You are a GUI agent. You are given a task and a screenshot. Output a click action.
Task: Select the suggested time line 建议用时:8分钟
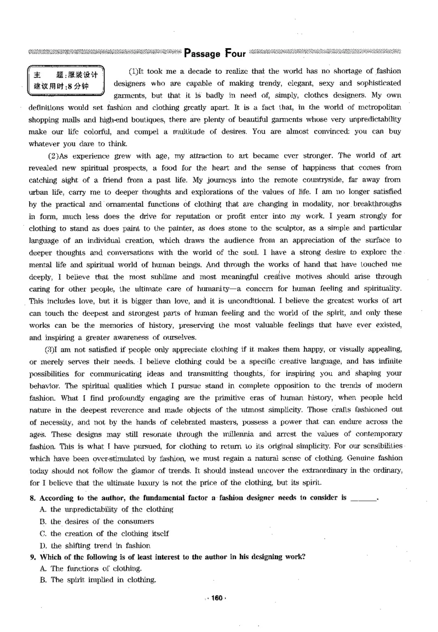click(x=61, y=86)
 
